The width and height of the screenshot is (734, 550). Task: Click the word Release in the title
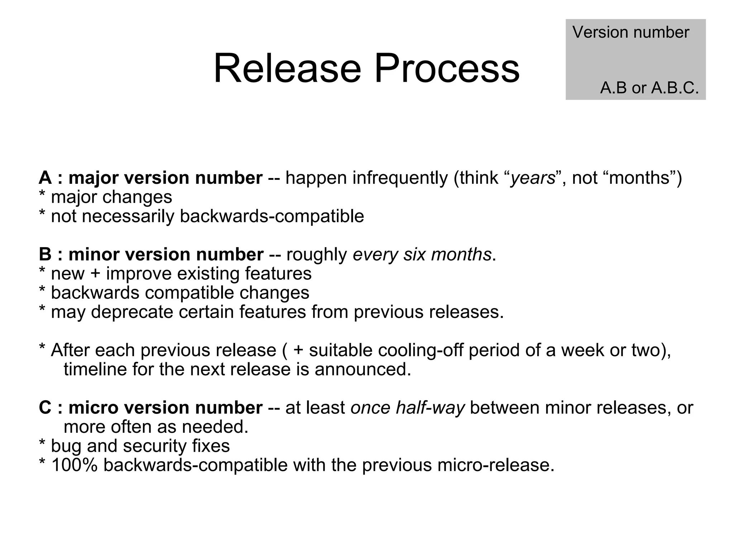(287, 68)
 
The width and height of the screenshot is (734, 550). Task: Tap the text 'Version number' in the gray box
(630, 32)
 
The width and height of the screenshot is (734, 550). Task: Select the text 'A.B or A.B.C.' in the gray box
(649, 88)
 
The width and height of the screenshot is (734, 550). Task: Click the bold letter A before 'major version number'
(45, 178)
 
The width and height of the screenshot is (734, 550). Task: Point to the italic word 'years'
(533, 178)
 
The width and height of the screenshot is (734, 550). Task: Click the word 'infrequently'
(400, 178)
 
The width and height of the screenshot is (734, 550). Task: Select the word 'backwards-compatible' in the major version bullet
(272, 216)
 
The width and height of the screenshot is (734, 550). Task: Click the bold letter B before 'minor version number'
(45, 254)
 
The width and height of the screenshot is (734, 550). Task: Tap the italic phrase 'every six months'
(422, 254)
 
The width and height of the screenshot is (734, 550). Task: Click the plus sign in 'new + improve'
(95, 274)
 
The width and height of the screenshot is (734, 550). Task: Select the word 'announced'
(362, 369)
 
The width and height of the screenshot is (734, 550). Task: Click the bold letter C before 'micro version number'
(45, 408)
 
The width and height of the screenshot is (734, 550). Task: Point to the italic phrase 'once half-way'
(407, 408)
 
